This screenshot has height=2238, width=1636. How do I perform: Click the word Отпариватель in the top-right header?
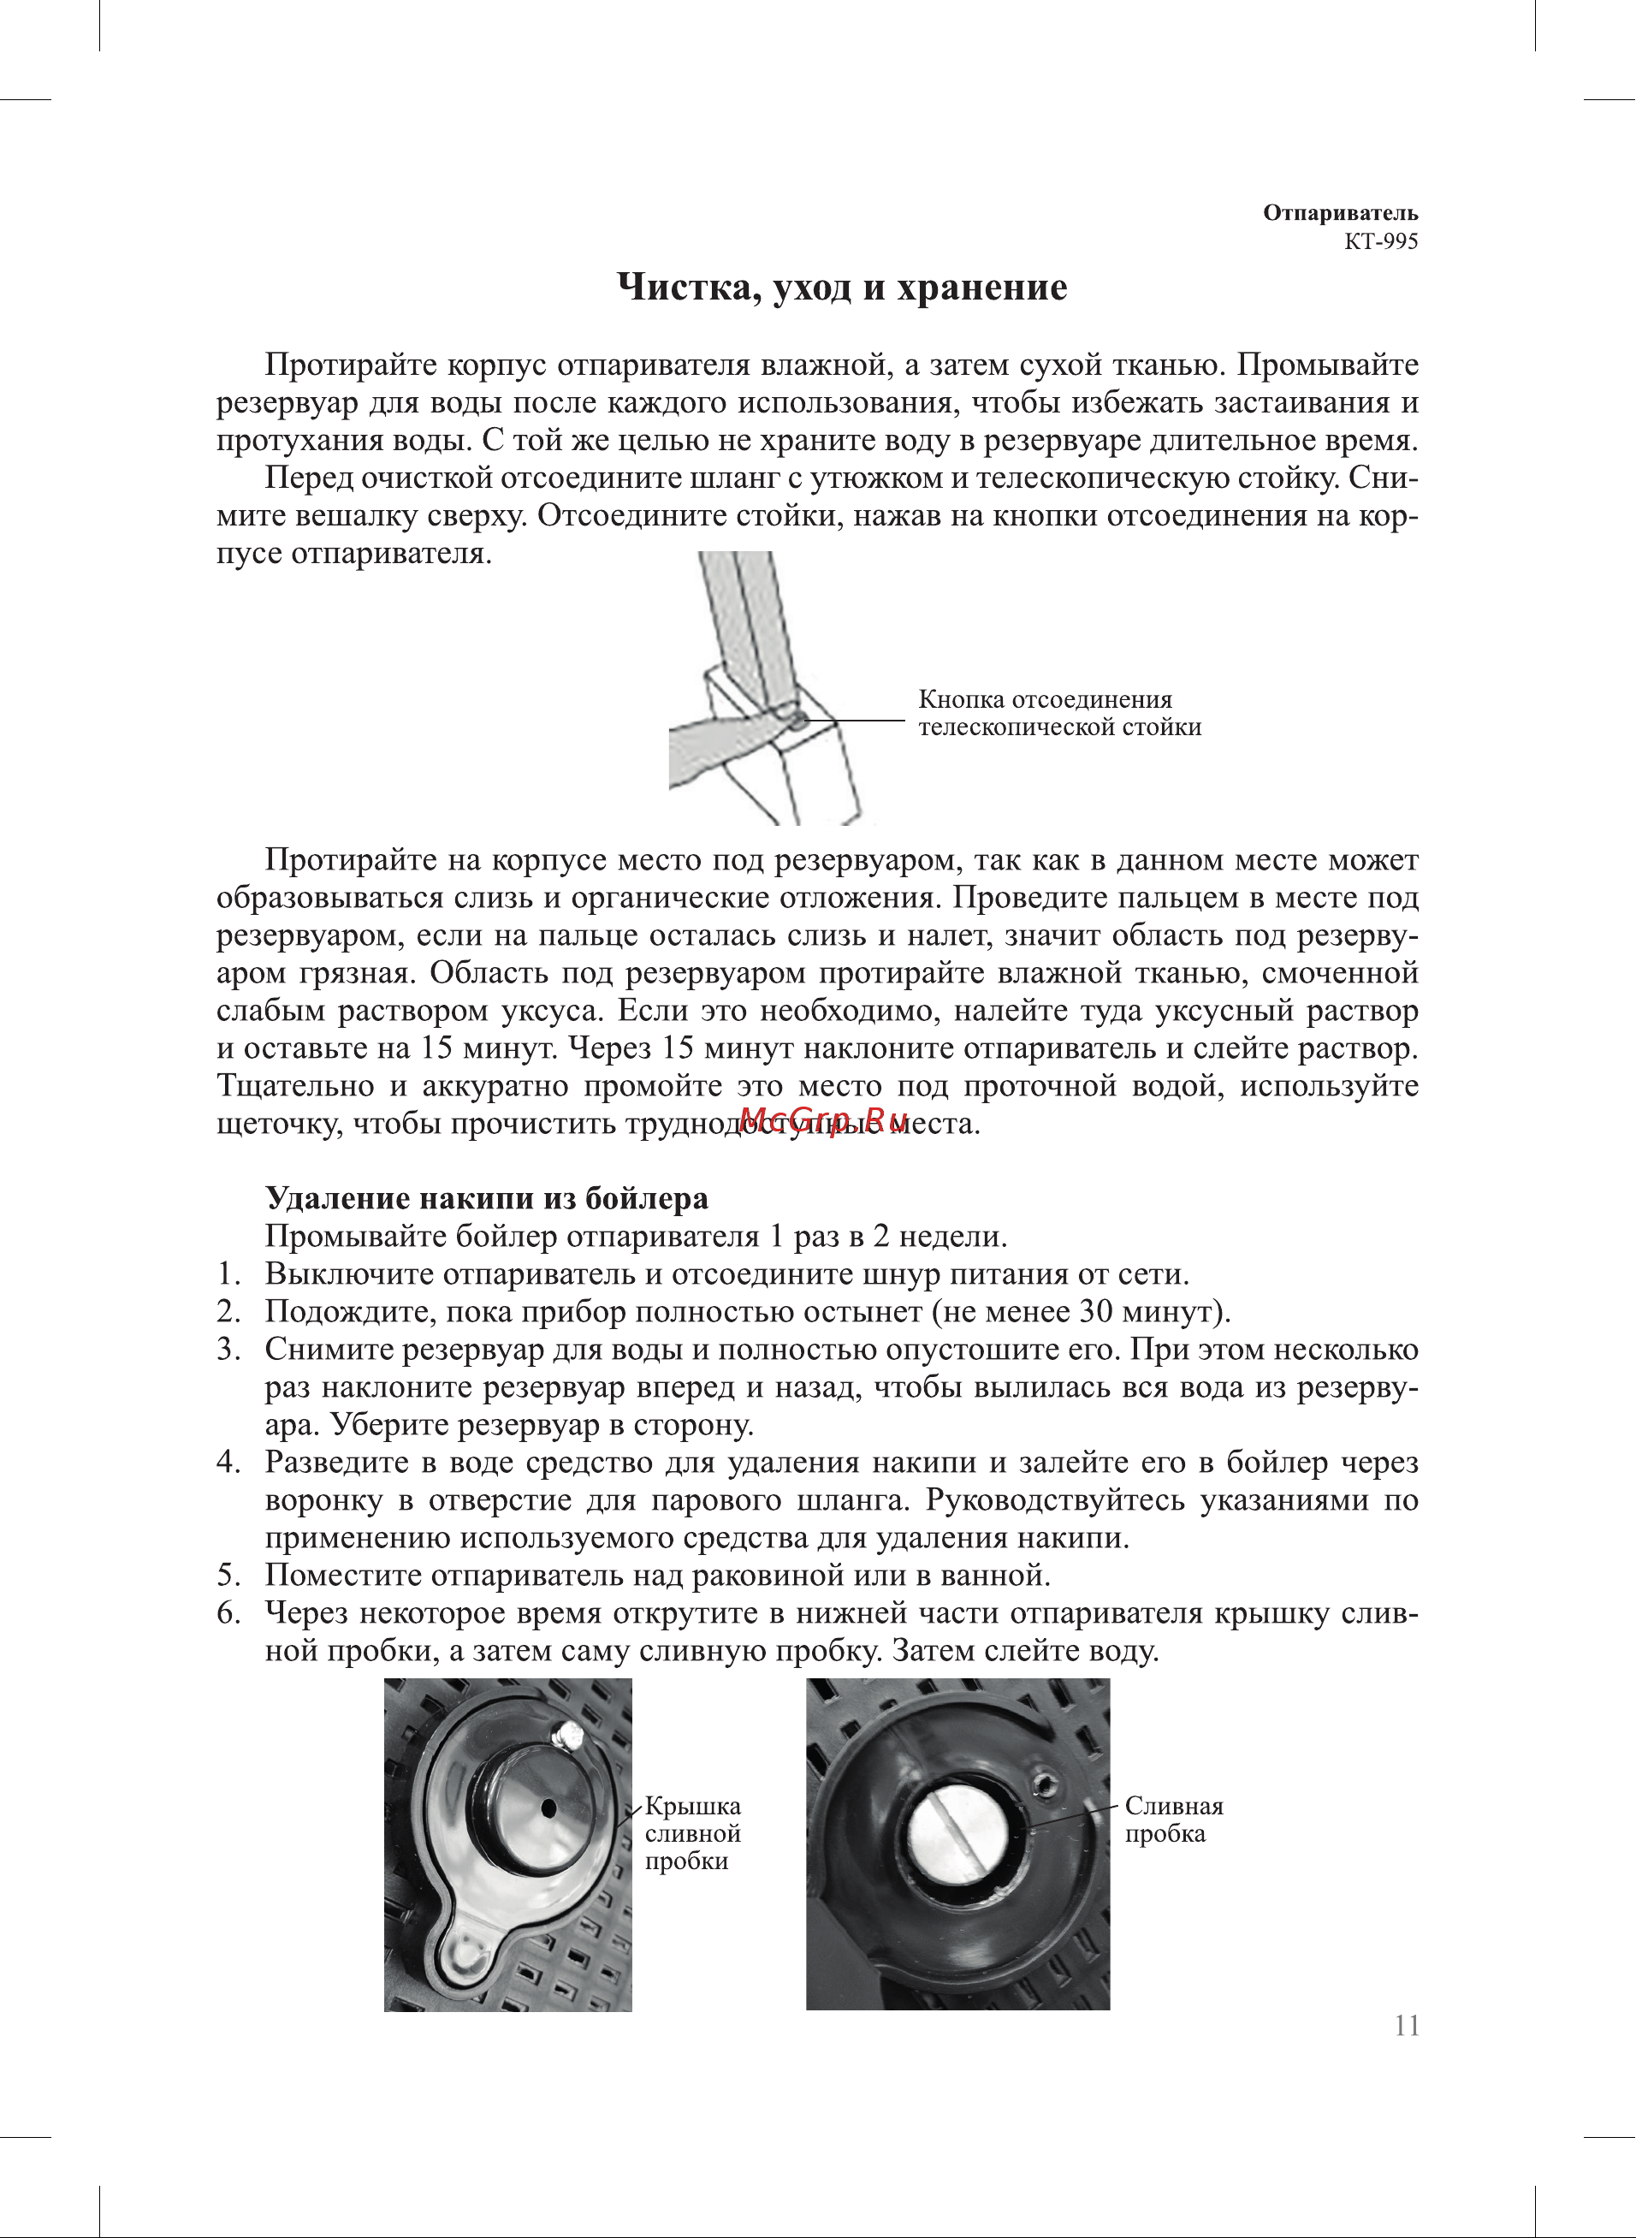1341,213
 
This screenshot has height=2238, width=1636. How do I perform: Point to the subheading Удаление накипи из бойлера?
487,1199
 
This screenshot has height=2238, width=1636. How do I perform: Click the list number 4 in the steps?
227,1463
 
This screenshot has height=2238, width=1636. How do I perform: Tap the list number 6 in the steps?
227,1613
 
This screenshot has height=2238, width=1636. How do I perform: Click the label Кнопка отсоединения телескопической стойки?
1059,714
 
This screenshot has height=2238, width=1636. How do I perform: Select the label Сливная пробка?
1174,1819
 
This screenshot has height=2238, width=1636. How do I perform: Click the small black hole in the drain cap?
548,1808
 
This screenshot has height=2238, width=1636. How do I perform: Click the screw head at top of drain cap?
569,1734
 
